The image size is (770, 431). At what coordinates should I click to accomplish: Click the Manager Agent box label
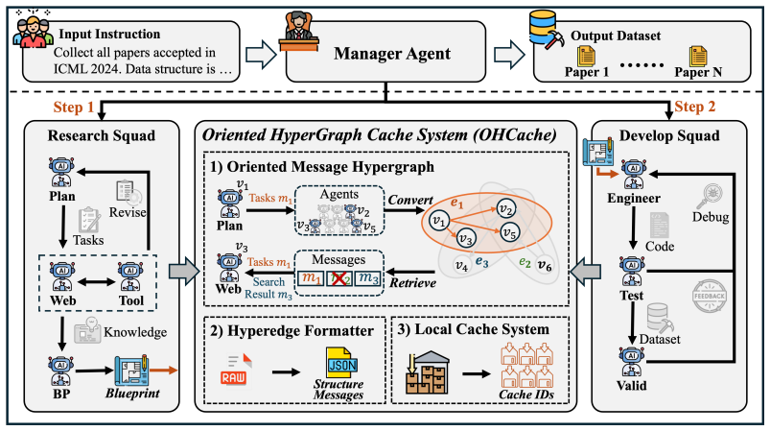(392, 54)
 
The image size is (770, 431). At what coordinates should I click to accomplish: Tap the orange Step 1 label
(73, 108)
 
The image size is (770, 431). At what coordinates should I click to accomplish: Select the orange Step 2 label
(694, 107)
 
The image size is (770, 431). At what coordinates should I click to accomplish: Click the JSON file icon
(342, 363)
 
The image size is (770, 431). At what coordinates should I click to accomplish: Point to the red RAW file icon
(236, 370)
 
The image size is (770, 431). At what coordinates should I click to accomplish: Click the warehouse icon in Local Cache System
(428, 372)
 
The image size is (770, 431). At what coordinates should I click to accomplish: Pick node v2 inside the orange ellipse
(505, 209)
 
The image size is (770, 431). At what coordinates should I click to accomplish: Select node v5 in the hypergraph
(509, 232)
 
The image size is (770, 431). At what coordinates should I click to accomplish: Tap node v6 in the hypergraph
(544, 265)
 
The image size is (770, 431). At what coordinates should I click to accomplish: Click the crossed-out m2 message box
(338, 278)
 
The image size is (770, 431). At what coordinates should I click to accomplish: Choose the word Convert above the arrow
(410, 200)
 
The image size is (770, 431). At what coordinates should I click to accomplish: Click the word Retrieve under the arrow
(412, 283)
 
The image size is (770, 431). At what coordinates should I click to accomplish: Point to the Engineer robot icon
(634, 174)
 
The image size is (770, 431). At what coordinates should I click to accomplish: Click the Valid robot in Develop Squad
(632, 362)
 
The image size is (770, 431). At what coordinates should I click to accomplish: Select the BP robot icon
(61, 371)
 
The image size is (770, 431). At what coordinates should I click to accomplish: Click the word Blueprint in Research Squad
(132, 394)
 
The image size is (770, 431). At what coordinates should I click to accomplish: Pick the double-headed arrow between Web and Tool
(96, 282)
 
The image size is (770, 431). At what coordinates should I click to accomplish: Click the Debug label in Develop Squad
(711, 217)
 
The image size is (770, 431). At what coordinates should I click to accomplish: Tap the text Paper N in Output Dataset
(698, 72)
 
